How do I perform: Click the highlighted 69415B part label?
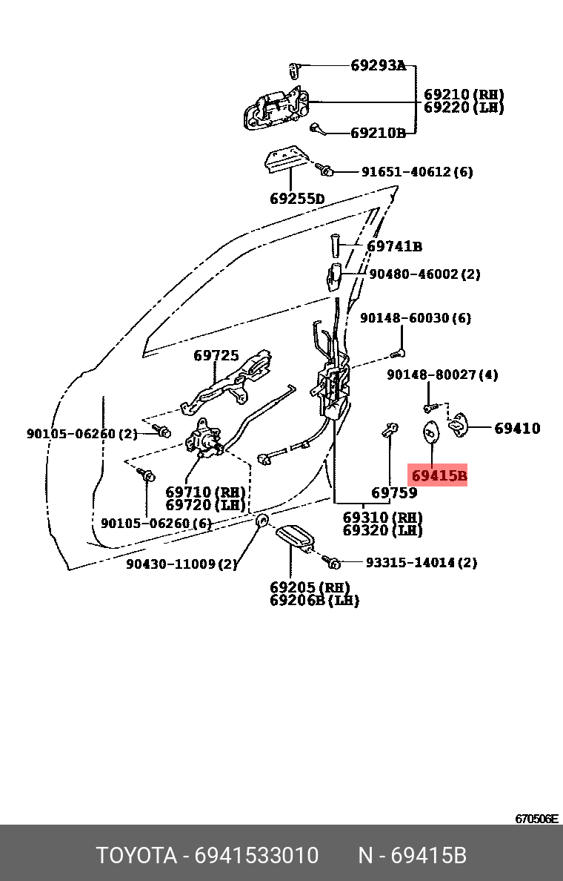click(439, 475)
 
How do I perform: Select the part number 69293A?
click(378, 66)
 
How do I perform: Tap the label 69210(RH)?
click(464, 95)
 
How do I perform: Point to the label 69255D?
click(297, 199)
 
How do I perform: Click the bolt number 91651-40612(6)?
click(417, 172)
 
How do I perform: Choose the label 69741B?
click(395, 246)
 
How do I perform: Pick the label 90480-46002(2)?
click(424, 274)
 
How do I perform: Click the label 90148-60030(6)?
click(416, 318)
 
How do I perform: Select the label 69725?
click(216, 356)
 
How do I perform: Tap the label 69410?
click(518, 428)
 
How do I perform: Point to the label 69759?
click(394, 492)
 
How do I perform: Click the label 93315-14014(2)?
click(422, 563)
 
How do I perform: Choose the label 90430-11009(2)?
click(181, 564)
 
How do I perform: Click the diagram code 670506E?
click(537, 819)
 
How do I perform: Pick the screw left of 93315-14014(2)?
click(333, 563)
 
